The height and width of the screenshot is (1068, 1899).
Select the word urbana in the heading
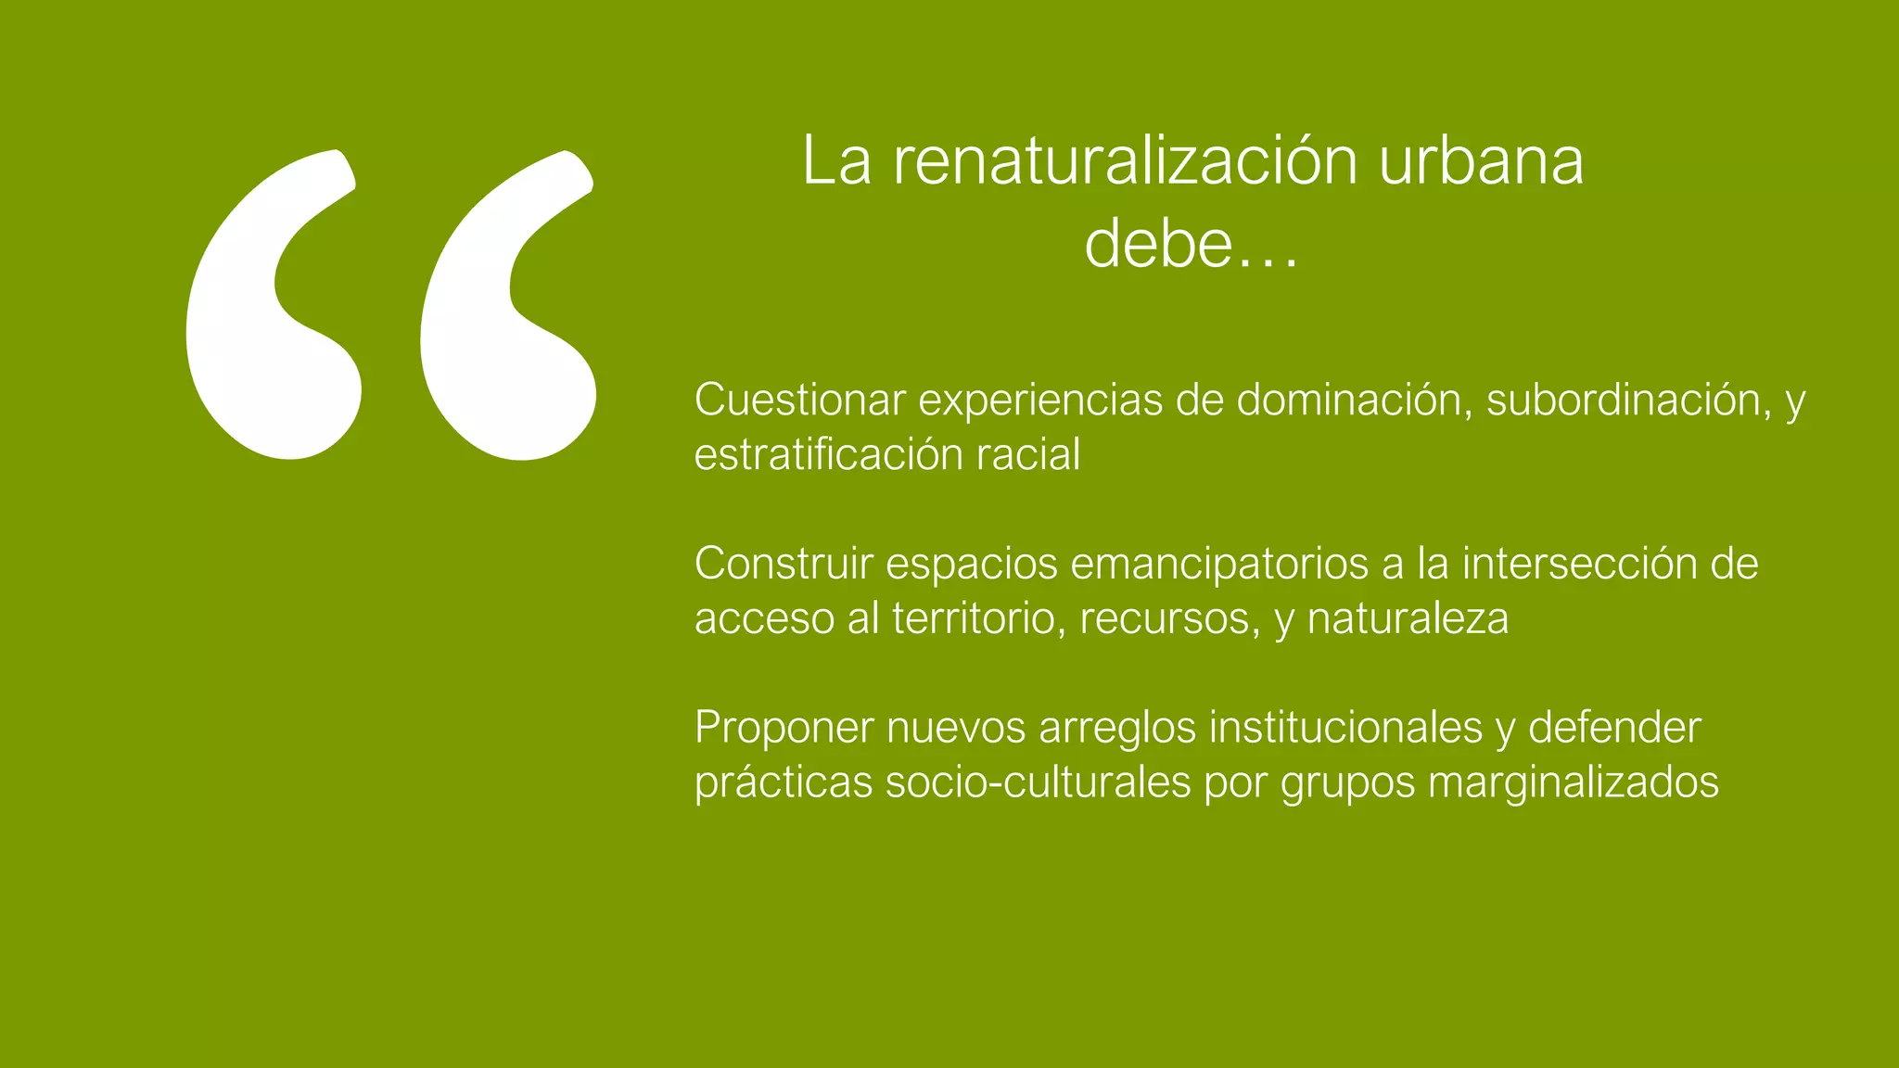tap(1481, 160)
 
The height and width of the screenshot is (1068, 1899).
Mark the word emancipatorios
tap(1219, 564)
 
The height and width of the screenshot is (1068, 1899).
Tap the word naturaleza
tap(1408, 618)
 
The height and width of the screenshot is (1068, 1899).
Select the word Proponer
tap(784, 728)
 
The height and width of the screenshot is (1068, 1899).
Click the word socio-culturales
tap(1038, 782)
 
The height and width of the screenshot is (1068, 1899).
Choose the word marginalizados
tap(1573, 782)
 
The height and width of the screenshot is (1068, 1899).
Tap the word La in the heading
tap(836, 160)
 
